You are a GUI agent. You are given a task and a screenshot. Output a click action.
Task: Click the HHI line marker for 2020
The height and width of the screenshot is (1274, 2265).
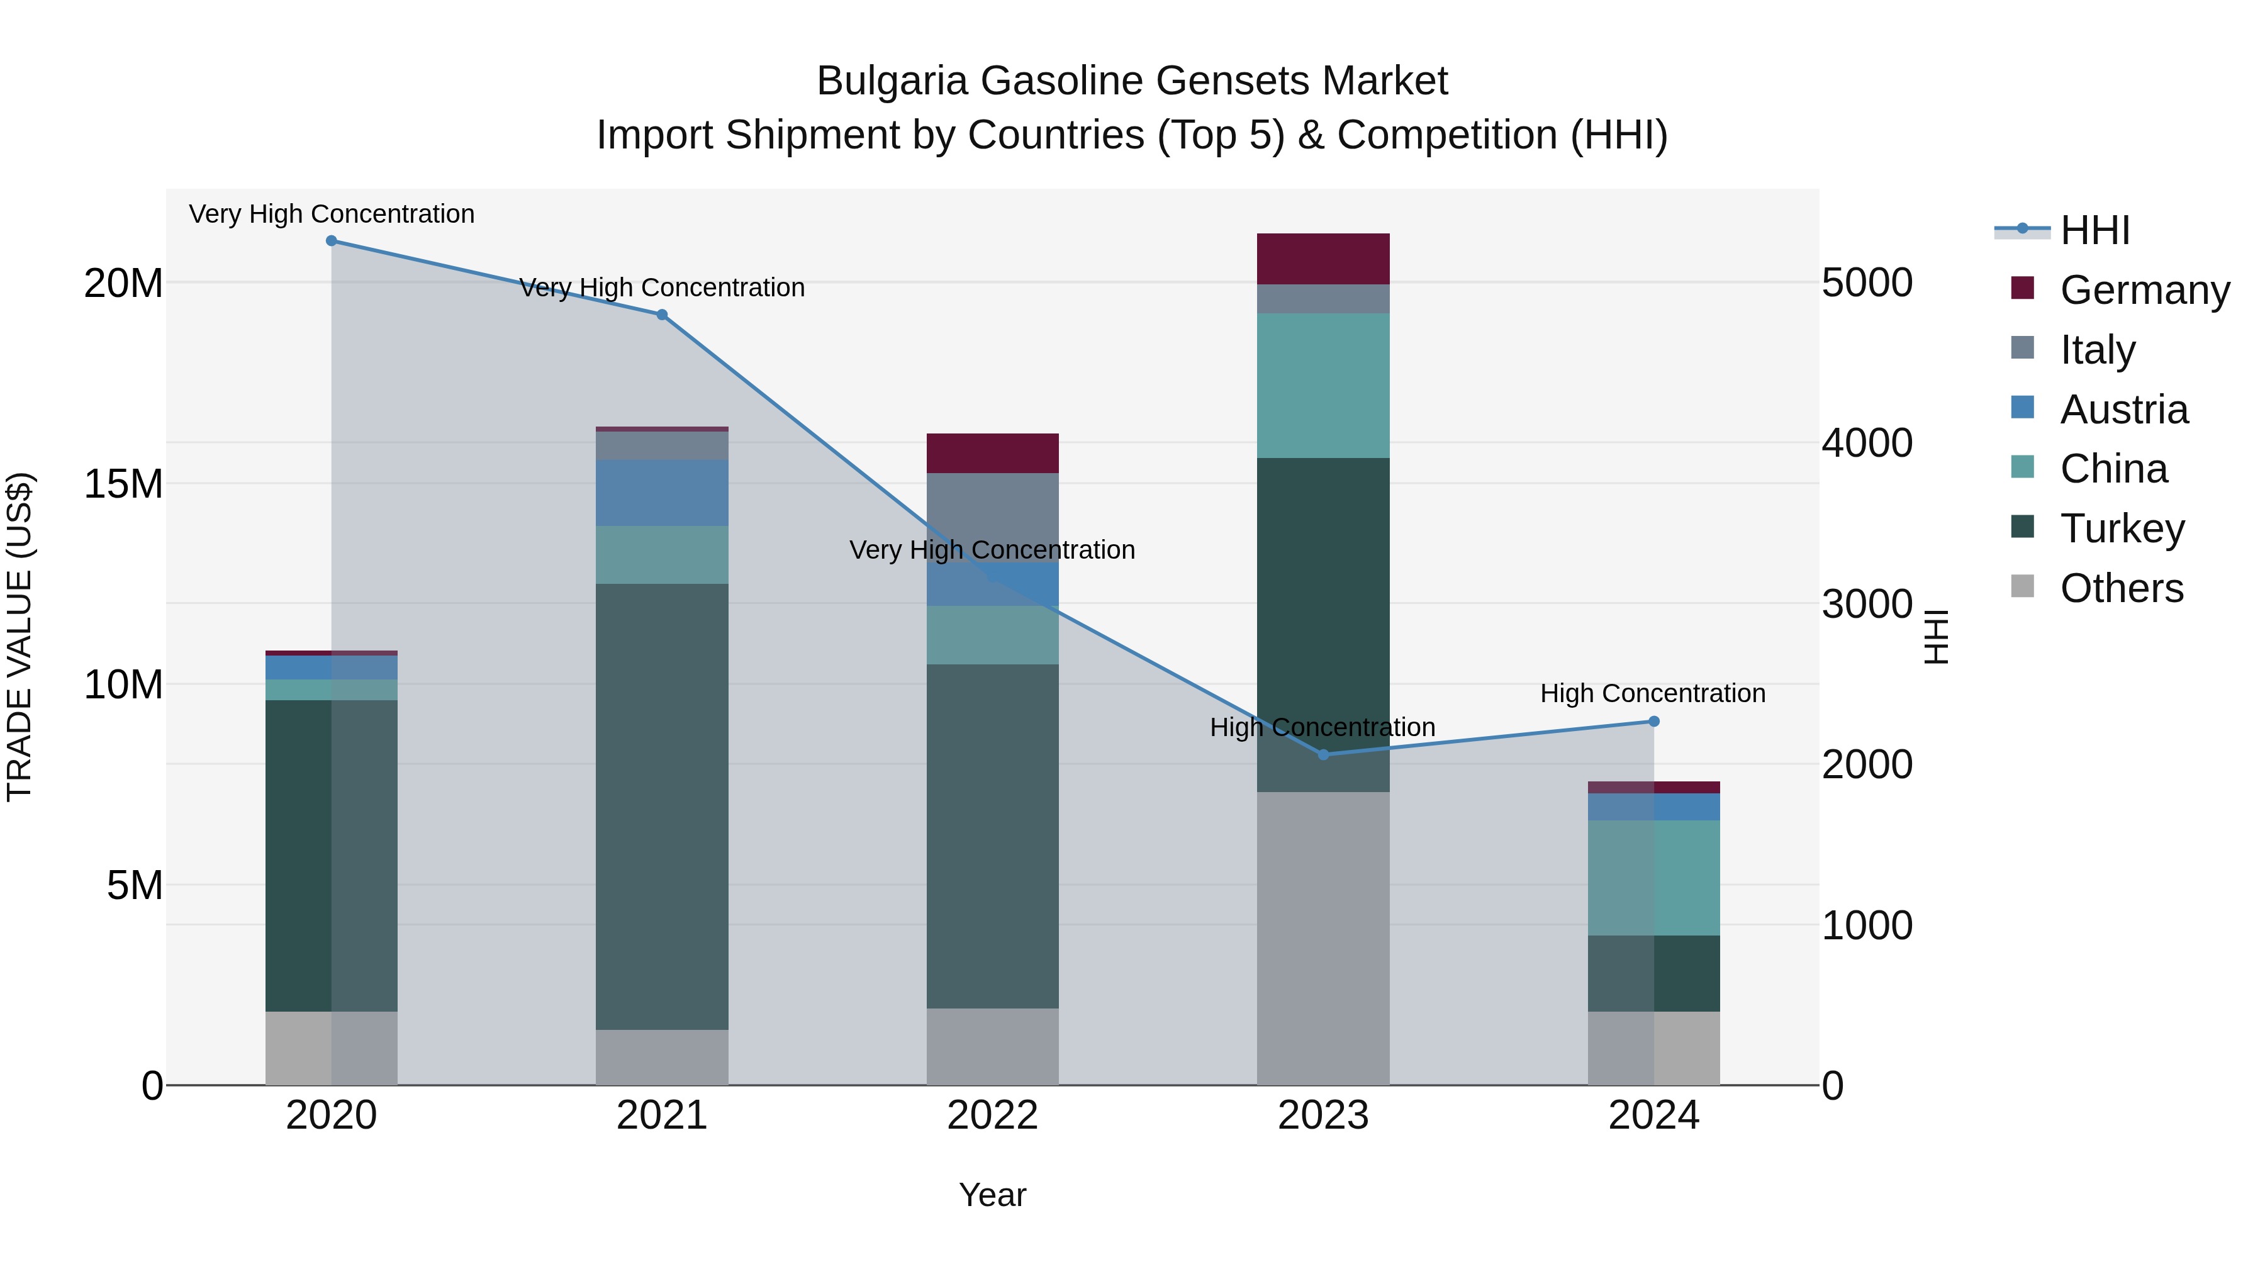pyautogui.click(x=332, y=241)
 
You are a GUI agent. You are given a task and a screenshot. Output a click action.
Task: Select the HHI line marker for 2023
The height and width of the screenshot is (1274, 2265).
pyautogui.click(x=1323, y=754)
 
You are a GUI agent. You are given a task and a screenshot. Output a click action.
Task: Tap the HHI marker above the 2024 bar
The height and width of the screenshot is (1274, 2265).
pyautogui.click(x=1654, y=721)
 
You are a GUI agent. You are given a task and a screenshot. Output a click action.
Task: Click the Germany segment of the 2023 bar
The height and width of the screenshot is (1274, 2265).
pyautogui.click(x=1323, y=259)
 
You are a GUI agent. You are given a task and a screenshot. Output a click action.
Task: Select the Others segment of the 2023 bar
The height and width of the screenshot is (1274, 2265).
pyautogui.click(x=1323, y=938)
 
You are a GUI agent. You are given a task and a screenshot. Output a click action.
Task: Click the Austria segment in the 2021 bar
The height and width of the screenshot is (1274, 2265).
pyautogui.click(x=662, y=493)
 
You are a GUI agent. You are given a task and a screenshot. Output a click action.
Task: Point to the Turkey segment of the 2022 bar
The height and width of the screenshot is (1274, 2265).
pyautogui.click(x=993, y=835)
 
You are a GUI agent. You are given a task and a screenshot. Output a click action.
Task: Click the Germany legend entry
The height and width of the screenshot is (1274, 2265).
pyautogui.click(x=2145, y=290)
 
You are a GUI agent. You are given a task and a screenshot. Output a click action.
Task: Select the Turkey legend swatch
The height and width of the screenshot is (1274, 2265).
pyautogui.click(x=2022, y=527)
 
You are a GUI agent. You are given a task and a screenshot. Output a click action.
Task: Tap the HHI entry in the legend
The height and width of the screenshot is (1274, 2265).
pyautogui.click(x=2094, y=230)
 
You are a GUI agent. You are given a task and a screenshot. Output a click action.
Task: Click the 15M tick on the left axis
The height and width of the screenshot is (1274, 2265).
pyautogui.click(x=123, y=484)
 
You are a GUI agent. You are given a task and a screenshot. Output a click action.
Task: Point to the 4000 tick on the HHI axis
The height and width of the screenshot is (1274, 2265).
pyautogui.click(x=1866, y=442)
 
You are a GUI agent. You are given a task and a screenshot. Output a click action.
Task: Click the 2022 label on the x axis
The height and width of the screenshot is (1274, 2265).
pyautogui.click(x=993, y=1115)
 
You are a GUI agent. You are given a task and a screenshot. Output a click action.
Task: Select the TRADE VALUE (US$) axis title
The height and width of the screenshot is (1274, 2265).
pyautogui.click(x=20, y=637)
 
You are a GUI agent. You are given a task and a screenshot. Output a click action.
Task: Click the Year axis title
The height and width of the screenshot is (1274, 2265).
pyautogui.click(x=993, y=1195)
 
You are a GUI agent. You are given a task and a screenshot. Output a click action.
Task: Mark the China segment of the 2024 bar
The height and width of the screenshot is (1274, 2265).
pyautogui.click(x=1654, y=878)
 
